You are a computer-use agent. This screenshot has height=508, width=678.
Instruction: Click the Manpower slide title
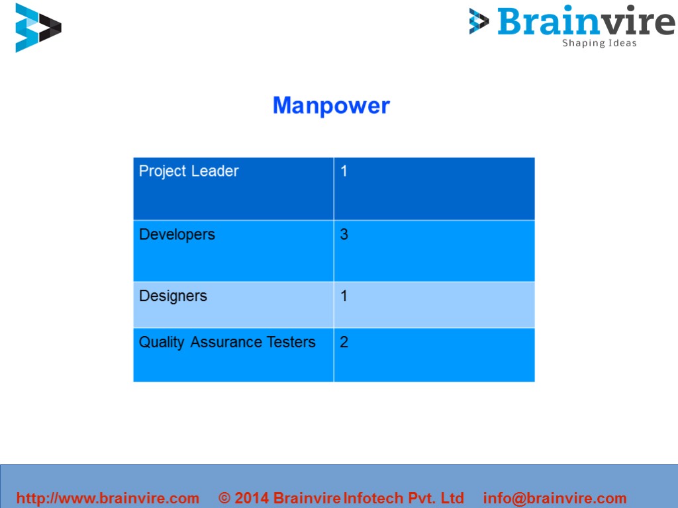click(x=331, y=106)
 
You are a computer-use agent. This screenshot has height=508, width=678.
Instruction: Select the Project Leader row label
click(x=189, y=171)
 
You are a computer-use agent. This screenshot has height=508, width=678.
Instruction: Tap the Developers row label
click(x=177, y=235)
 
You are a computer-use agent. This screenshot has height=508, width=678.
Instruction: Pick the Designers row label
click(x=173, y=296)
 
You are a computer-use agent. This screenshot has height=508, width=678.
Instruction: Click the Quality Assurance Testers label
click(x=227, y=343)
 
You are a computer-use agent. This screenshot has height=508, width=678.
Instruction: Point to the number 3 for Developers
click(x=344, y=235)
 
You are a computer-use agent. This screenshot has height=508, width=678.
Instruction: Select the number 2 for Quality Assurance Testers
click(x=344, y=343)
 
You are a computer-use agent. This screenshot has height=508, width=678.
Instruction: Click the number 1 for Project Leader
click(x=344, y=171)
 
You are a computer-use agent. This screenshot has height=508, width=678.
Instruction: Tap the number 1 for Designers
click(x=344, y=296)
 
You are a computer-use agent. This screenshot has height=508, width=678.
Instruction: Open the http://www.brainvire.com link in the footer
click(x=107, y=498)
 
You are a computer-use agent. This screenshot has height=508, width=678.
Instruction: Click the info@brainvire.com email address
click(x=555, y=498)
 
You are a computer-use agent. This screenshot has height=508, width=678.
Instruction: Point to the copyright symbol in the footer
click(x=224, y=498)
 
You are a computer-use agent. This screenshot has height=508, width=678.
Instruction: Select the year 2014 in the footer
click(x=252, y=498)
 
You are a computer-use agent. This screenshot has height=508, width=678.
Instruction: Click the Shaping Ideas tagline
click(x=599, y=44)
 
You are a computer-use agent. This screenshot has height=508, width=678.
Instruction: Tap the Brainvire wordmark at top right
click(x=586, y=21)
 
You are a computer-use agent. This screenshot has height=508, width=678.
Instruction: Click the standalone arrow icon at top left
click(x=38, y=28)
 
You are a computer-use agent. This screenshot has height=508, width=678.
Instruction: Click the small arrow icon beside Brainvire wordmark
click(x=479, y=21)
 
